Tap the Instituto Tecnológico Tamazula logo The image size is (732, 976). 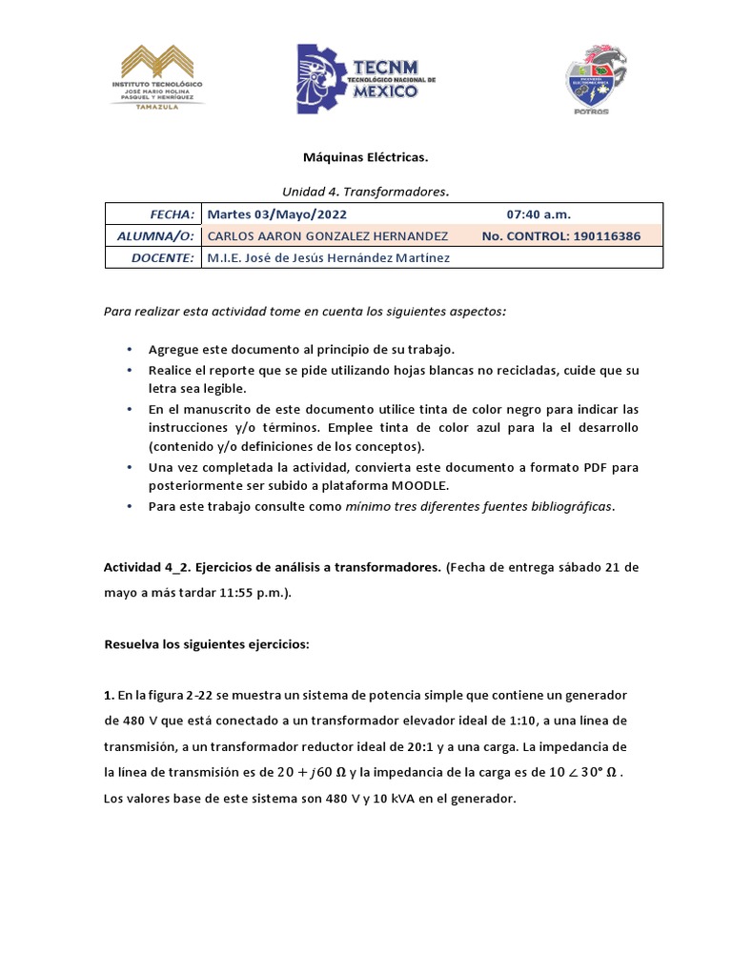click(x=163, y=80)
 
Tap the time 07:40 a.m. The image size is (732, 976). click(x=539, y=213)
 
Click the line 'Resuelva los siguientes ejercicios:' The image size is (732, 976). click(x=206, y=644)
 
